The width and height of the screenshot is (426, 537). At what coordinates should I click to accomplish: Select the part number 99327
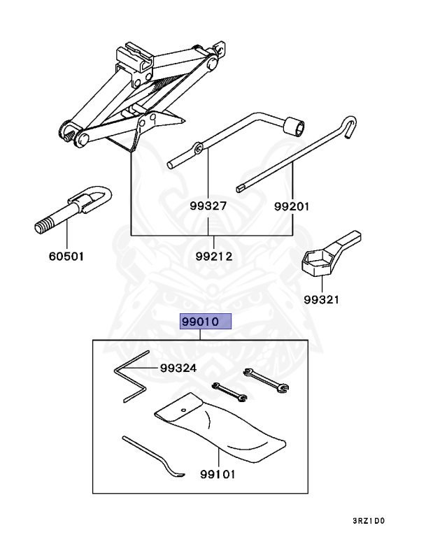208,206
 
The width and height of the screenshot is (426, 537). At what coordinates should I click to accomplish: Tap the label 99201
292,206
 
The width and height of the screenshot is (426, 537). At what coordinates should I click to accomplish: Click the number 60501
66,256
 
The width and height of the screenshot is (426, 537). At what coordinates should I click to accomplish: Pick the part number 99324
178,368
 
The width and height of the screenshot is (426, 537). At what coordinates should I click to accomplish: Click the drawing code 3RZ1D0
369,520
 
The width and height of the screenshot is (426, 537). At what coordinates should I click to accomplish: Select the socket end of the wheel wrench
293,127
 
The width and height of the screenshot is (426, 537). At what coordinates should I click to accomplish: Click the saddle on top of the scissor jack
137,55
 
